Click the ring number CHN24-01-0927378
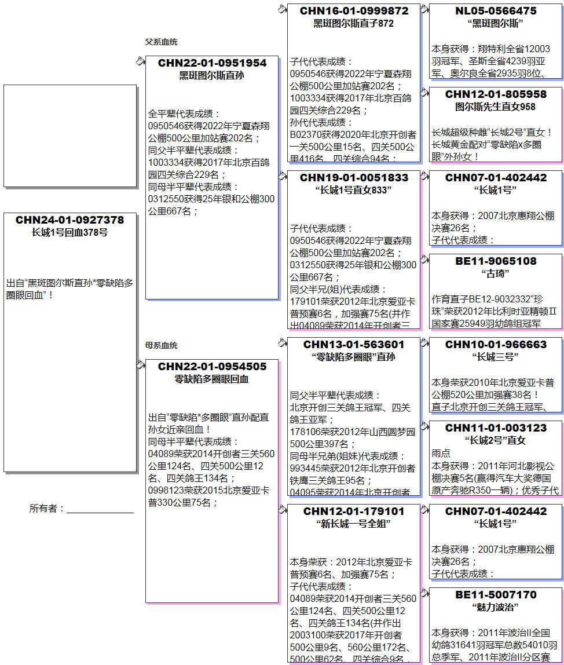coord(69,220)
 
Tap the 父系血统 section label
coord(161,42)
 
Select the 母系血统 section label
coord(161,346)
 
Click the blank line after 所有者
coord(100,509)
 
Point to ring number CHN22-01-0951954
coord(212,63)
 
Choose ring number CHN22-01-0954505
coord(212,367)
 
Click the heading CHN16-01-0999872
coord(354,11)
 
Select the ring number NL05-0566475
coord(495,11)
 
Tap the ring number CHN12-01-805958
coord(495,94)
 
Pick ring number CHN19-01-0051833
coord(354,178)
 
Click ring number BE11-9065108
coord(495,261)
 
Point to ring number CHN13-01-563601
coord(354,345)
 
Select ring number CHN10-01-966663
coord(495,345)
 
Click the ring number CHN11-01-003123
coord(495,428)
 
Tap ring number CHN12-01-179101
coord(354,511)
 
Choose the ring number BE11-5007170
coord(495,595)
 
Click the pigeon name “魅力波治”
coord(495,607)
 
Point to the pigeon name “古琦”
coord(495,273)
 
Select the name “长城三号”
coord(495,357)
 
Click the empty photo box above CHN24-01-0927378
coord(69,136)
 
